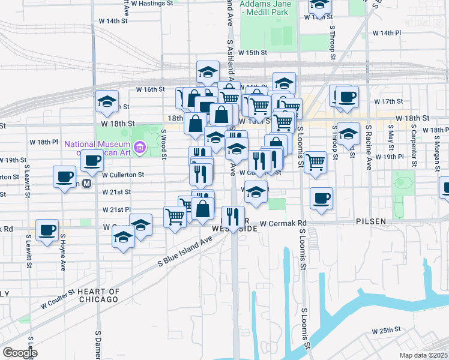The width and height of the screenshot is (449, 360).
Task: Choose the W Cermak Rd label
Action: [x=283, y=224]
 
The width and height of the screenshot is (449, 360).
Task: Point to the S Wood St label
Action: [x=163, y=142]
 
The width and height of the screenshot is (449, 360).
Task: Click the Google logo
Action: [x=20, y=353]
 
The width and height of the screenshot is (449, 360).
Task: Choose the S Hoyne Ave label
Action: [x=62, y=252]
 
